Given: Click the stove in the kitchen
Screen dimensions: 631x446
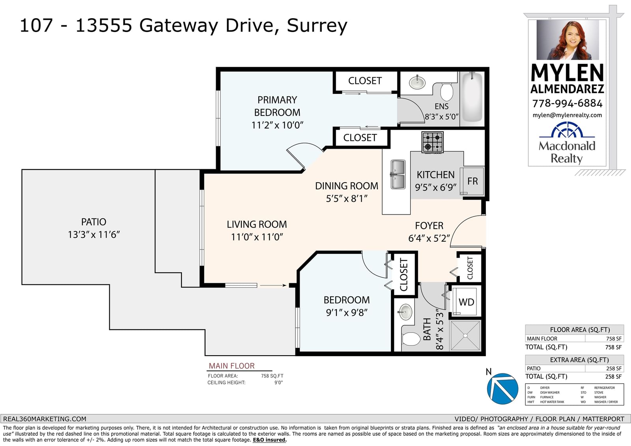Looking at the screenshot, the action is pyautogui.click(x=432, y=142).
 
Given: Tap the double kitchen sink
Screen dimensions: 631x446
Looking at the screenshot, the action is pyautogui.click(x=398, y=174).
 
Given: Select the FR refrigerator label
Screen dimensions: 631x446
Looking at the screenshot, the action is pyautogui.click(x=472, y=181).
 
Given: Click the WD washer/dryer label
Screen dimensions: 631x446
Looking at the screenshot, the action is pyautogui.click(x=466, y=302).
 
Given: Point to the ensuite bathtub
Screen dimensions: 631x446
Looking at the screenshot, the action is pyautogui.click(x=472, y=97).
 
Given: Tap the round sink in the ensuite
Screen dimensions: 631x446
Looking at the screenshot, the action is pyautogui.click(x=417, y=82).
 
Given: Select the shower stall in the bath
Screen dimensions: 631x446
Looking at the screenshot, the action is pyautogui.click(x=465, y=336).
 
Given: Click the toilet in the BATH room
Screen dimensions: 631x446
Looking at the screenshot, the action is pyautogui.click(x=411, y=339).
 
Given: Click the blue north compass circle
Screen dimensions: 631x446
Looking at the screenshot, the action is pyautogui.click(x=502, y=389).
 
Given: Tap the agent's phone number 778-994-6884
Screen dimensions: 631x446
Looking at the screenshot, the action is pyautogui.click(x=568, y=103).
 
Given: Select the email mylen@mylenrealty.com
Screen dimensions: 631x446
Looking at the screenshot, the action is pyautogui.click(x=567, y=115).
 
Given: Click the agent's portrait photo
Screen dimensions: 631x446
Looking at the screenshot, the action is pyautogui.click(x=568, y=40).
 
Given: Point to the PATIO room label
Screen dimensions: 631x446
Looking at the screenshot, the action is pyautogui.click(x=93, y=222).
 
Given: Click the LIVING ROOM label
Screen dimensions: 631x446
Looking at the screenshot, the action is pyautogui.click(x=257, y=224).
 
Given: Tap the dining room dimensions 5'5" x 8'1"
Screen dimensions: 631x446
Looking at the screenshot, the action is pyautogui.click(x=347, y=199).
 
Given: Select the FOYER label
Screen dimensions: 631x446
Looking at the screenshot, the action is pyautogui.click(x=429, y=226).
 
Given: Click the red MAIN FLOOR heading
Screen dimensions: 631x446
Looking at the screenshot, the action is pyautogui.click(x=231, y=366).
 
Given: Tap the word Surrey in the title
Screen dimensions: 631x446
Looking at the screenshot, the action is pyautogui.click(x=317, y=26).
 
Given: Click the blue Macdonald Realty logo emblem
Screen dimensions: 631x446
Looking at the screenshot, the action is pyautogui.click(x=567, y=130).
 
